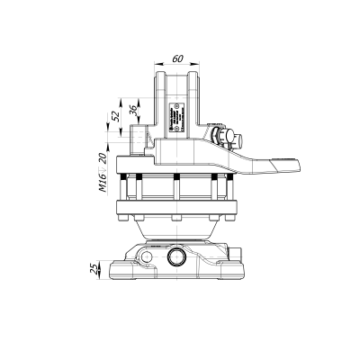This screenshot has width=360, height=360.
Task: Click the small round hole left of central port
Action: tap(144, 257)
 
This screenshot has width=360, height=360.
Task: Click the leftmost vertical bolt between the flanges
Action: tap(138, 191)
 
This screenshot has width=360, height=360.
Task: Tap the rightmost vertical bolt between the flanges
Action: tap(215, 191)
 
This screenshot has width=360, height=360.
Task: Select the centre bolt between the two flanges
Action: tap(176, 191)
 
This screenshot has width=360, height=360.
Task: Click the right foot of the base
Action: tap(236, 271)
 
